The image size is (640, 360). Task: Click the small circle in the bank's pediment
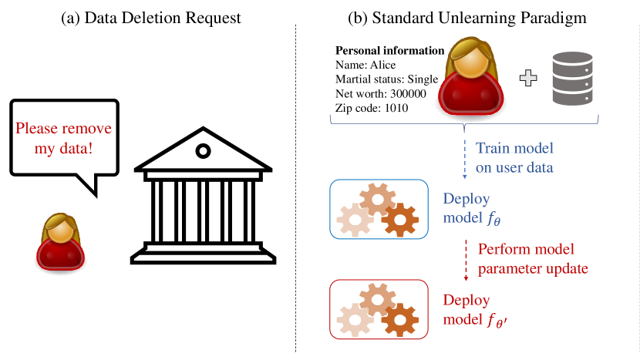(203, 150)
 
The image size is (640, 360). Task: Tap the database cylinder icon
(572, 79)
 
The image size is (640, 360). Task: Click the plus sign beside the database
(530, 78)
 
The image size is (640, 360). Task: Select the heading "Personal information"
(389, 51)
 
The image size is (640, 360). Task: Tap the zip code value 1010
(393, 108)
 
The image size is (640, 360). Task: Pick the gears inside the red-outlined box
(377, 308)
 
